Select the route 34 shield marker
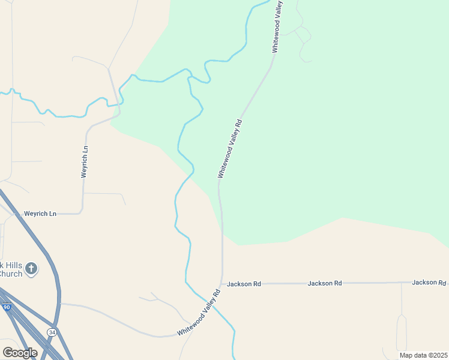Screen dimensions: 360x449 [x=52, y=332]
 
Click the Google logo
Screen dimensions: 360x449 [x=20, y=353]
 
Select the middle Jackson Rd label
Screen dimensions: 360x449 [x=325, y=283]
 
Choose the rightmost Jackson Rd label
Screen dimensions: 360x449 [x=429, y=282]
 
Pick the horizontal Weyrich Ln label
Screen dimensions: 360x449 [x=40, y=214]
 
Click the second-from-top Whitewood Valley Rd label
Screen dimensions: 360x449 [x=230, y=148]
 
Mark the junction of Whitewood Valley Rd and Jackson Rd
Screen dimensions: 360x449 [x=223, y=283]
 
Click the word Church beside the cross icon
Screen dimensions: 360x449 [x=11, y=274]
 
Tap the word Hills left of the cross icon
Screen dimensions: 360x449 [x=11, y=265]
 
